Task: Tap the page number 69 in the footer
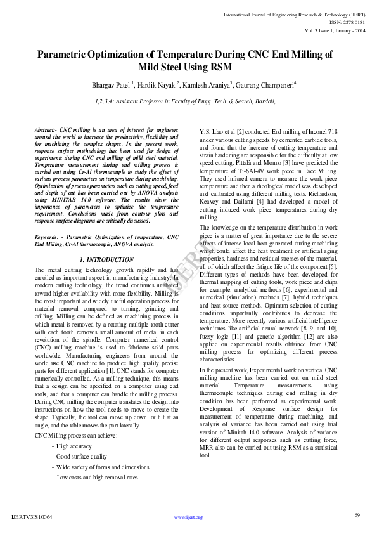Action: coord(357,514)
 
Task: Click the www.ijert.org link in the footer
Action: coord(188,517)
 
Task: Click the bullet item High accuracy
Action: coord(73,447)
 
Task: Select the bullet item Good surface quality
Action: coord(82,457)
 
